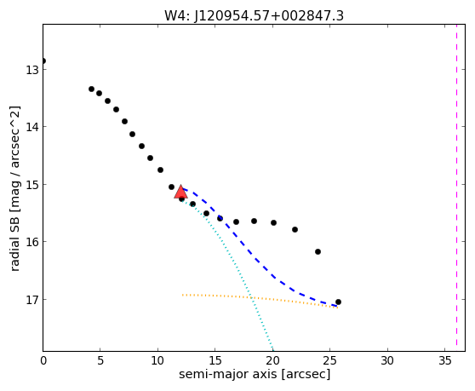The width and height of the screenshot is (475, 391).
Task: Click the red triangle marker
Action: click(180, 192)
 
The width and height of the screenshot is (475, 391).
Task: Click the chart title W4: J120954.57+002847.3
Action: click(254, 15)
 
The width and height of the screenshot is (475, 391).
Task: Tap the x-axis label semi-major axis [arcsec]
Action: click(255, 374)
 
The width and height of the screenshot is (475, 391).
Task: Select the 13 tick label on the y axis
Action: click(31, 70)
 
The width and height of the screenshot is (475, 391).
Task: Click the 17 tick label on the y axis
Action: click(31, 300)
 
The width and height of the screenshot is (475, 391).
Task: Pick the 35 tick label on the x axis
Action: click(444, 360)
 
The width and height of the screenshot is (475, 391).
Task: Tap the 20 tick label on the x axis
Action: click(272, 360)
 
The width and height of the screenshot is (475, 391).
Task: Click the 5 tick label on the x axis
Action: click(100, 360)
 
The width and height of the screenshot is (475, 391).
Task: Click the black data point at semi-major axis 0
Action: click(43, 61)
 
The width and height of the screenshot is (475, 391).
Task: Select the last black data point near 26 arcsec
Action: click(338, 302)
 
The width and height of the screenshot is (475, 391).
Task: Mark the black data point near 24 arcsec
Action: click(318, 251)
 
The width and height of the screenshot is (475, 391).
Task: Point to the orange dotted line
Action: click(260, 298)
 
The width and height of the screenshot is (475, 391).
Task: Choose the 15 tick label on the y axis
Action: click(31, 185)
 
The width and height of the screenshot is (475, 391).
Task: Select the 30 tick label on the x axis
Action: click(387, 360)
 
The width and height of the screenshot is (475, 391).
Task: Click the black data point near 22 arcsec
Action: click(295, 229)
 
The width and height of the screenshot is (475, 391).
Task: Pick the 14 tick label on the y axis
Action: click(31, 127)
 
